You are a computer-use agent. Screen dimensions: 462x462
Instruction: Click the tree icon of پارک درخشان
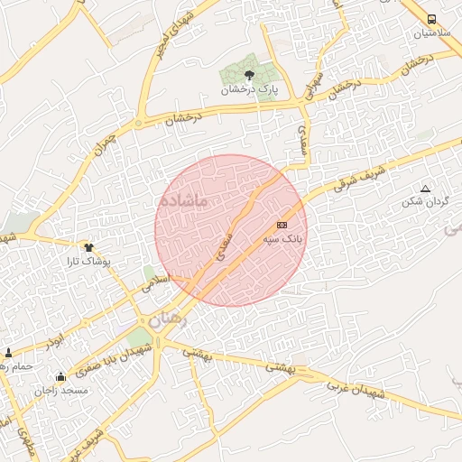click(250, 76)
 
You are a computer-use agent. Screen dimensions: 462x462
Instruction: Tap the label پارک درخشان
click(250, 91)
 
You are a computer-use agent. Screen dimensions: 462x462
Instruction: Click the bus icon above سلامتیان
click(431, 19)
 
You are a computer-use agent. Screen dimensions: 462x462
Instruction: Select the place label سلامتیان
click(431, 33)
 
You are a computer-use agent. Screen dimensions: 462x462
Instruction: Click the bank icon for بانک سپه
click(282, 224)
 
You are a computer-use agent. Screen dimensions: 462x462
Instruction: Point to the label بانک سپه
click(281, 239)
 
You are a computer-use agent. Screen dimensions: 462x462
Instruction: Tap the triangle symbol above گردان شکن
click(426, 189)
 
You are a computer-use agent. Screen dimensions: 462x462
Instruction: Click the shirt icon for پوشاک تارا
click(88, 245)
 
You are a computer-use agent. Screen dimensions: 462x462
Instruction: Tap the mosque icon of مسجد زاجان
click(60, 376)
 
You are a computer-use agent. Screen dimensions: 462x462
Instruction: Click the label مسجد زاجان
click(61, 391)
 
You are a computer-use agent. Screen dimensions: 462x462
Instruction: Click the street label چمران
click(105, 141)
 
